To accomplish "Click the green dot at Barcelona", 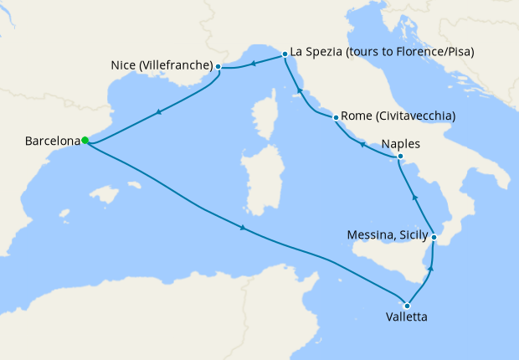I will [85, 141].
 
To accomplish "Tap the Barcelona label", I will [52, 141].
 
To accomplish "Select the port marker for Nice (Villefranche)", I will [218, 66].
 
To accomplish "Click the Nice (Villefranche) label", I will [161, 64].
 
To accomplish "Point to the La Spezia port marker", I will [285, 53].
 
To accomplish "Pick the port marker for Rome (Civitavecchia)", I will [336, 117].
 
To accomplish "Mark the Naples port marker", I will [400, 157].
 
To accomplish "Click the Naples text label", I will [400, 143].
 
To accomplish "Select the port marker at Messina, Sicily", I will [434, 238].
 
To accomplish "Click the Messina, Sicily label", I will [387, 235].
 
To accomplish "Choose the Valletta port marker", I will [407, 305].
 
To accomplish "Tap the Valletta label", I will [407, 318].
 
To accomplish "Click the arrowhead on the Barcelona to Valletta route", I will [243, 228].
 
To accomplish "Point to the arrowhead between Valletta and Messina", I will [431, 270].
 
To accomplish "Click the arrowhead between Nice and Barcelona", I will [158, 111].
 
